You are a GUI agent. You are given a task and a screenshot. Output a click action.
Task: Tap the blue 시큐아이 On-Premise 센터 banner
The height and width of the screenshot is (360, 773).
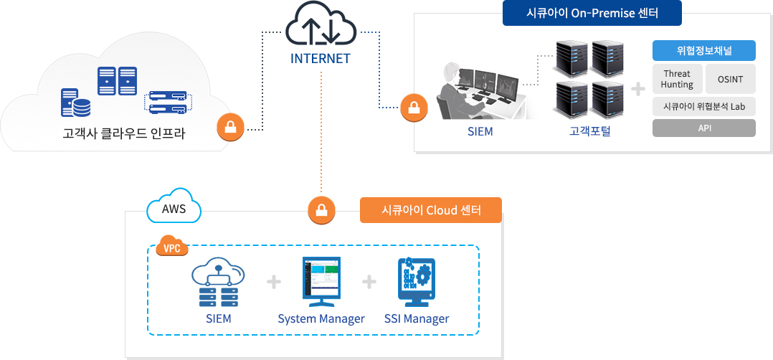[592, 13]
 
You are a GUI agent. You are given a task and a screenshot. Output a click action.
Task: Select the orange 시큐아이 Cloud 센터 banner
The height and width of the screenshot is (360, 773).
[430, 210]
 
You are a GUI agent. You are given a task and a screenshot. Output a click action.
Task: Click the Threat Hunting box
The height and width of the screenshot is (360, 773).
[677, 79]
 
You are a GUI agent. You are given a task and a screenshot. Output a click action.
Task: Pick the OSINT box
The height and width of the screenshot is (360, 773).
[730, 79]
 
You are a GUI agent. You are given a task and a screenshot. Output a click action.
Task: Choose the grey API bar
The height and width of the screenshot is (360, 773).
[704, 128]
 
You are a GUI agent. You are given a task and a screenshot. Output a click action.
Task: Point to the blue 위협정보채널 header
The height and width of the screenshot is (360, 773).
[704, 51]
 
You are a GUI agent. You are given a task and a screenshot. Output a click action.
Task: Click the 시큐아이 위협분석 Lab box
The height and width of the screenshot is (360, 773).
[704, 106]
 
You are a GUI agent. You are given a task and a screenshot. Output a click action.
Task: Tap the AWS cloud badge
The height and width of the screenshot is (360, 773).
[174, 209]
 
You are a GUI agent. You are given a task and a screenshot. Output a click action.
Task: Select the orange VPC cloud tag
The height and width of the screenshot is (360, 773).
[172, 247]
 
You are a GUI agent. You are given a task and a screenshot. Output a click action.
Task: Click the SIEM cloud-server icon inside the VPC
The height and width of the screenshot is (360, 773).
[218, 282]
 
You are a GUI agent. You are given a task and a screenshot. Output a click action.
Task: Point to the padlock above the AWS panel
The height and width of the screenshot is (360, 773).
[321, 211]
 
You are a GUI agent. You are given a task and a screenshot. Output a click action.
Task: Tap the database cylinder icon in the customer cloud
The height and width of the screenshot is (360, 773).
[81, 106]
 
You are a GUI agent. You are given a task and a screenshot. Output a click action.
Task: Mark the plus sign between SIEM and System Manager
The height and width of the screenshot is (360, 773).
[273, 282]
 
